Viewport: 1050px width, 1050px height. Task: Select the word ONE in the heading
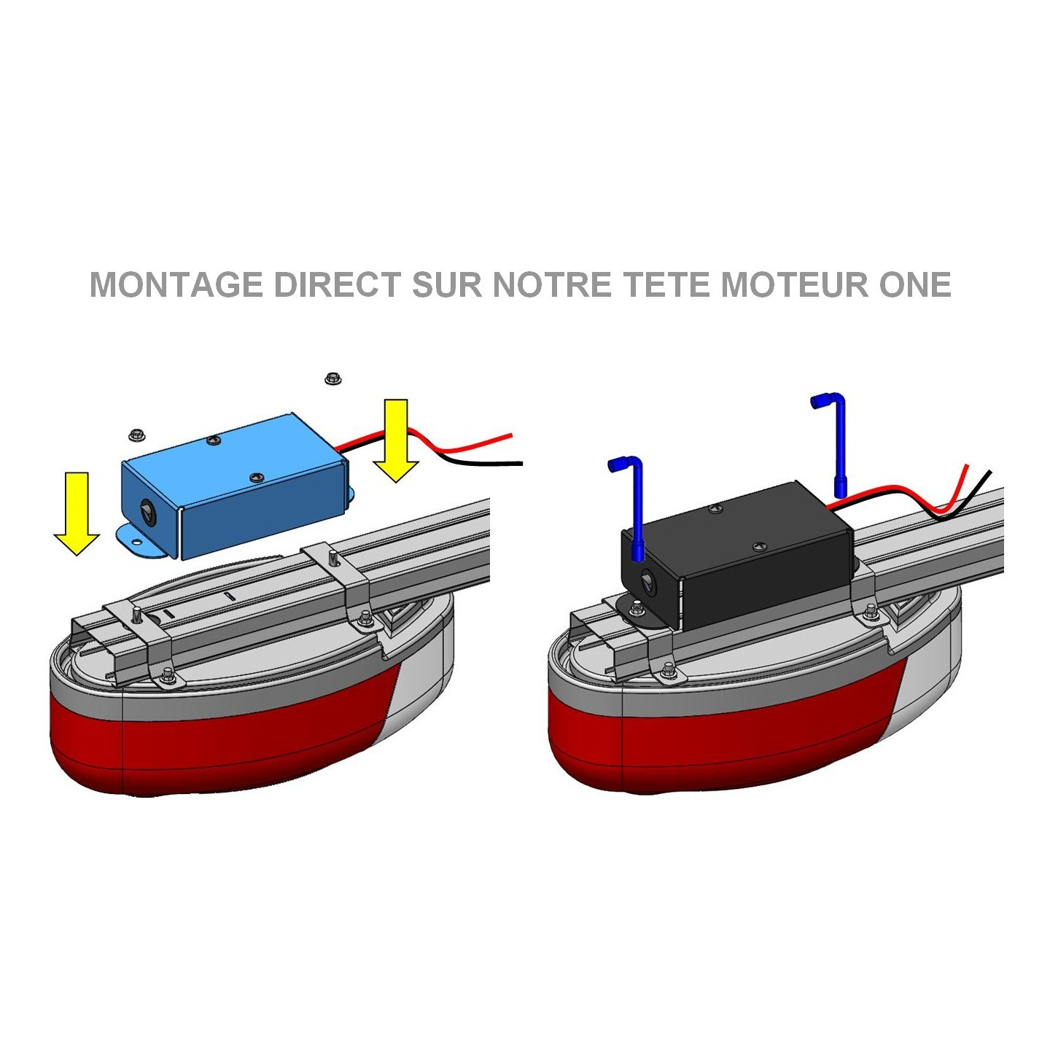coord(914,284)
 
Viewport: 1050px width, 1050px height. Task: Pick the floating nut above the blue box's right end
coord(332,378)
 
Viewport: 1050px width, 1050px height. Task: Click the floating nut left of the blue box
coord(136,435)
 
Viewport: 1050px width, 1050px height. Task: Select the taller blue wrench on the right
coord(836,437)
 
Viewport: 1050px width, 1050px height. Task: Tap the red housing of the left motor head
coord(219,744)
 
